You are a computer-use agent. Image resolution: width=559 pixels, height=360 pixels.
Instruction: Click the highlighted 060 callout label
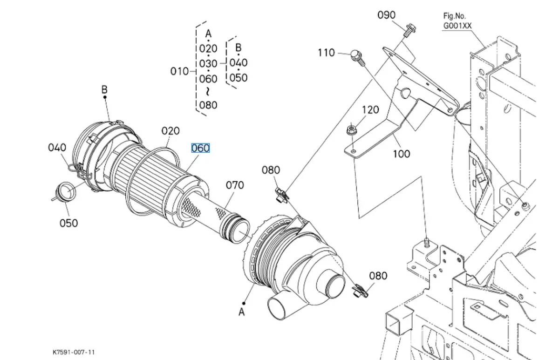point(200,148)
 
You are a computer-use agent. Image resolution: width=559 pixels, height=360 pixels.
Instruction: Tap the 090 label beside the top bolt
point(386,15)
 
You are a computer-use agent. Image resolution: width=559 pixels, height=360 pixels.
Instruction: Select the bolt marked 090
point(409,30)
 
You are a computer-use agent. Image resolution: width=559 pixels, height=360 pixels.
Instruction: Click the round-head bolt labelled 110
point(358,58)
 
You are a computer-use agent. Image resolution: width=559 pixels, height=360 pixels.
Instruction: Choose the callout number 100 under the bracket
point(401,154)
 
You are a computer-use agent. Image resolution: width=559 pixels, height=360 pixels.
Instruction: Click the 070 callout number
point(235,185)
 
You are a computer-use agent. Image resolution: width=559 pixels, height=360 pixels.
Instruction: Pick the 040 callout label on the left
point(57,148)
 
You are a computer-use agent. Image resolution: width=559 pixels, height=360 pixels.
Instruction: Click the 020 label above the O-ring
point(170,131)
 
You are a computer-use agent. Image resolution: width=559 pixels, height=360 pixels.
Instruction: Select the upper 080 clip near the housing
point(282,195)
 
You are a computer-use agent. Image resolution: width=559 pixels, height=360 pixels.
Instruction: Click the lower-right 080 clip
point(360,291)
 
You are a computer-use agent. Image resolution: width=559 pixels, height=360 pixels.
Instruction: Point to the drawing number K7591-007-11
point(74,352)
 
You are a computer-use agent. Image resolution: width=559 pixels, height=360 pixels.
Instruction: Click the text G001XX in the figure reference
point(457,26)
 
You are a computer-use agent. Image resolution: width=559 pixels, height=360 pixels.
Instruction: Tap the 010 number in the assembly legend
point(179,71)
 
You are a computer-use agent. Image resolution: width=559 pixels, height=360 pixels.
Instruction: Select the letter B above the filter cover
point(104,89)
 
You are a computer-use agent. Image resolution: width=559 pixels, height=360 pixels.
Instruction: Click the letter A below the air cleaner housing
point(241,312)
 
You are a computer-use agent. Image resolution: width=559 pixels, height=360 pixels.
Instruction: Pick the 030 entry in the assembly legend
point(208,64)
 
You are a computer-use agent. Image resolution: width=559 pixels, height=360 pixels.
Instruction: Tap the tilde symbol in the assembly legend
point(208,92)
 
